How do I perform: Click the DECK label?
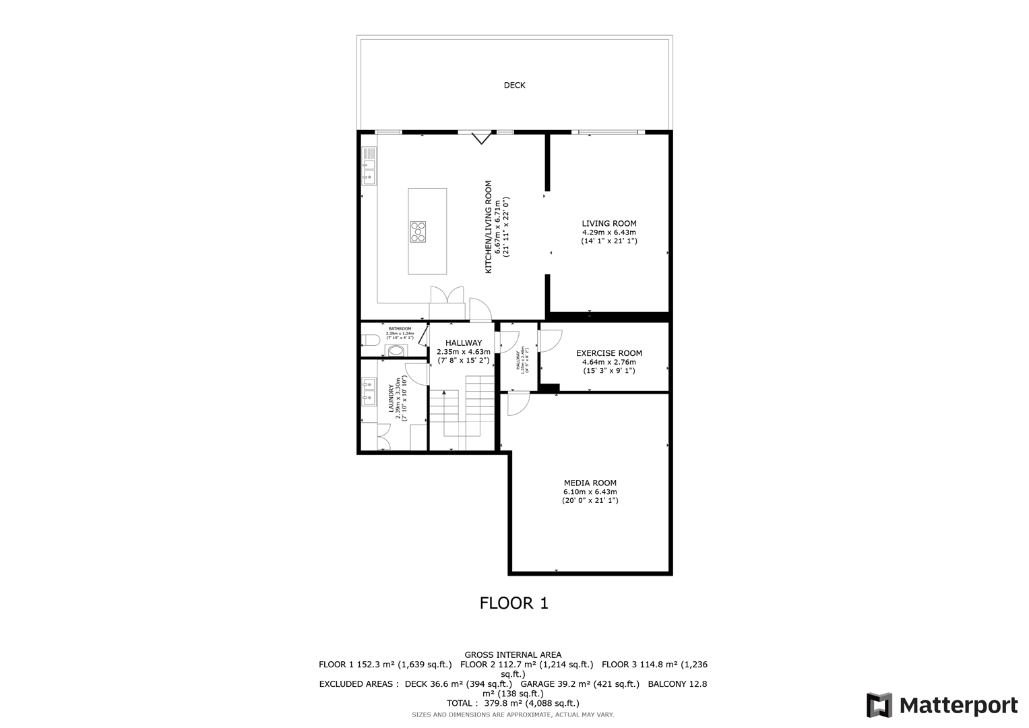pyautogui.click(x=514, y=85)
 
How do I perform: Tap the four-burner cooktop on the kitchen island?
pyautogui.click(x=418, y=231)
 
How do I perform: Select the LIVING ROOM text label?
pyautogui.click(x=609, y=223)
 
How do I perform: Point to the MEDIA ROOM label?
pyautogui.click(x=590, y=483)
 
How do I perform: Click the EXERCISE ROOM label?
pyautogui.click(x=609, y=353)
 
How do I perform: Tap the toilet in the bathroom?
pyautogui.click(x=370, y=340)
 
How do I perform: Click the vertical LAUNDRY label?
pyautogui.click(x=391, y=398)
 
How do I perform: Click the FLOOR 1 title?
pyautogui.click(x=513, y=603)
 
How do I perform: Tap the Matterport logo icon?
pyautogui.click(x=879, y=705)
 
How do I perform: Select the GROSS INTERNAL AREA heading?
pyautogui.click(x=513, y=655)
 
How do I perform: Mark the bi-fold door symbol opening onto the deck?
pyautogui.click(x=480, y=138)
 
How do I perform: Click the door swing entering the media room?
pyautogui.click(x=518, y=404)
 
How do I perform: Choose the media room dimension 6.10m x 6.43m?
pyautogui.click(x=590, y=491)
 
